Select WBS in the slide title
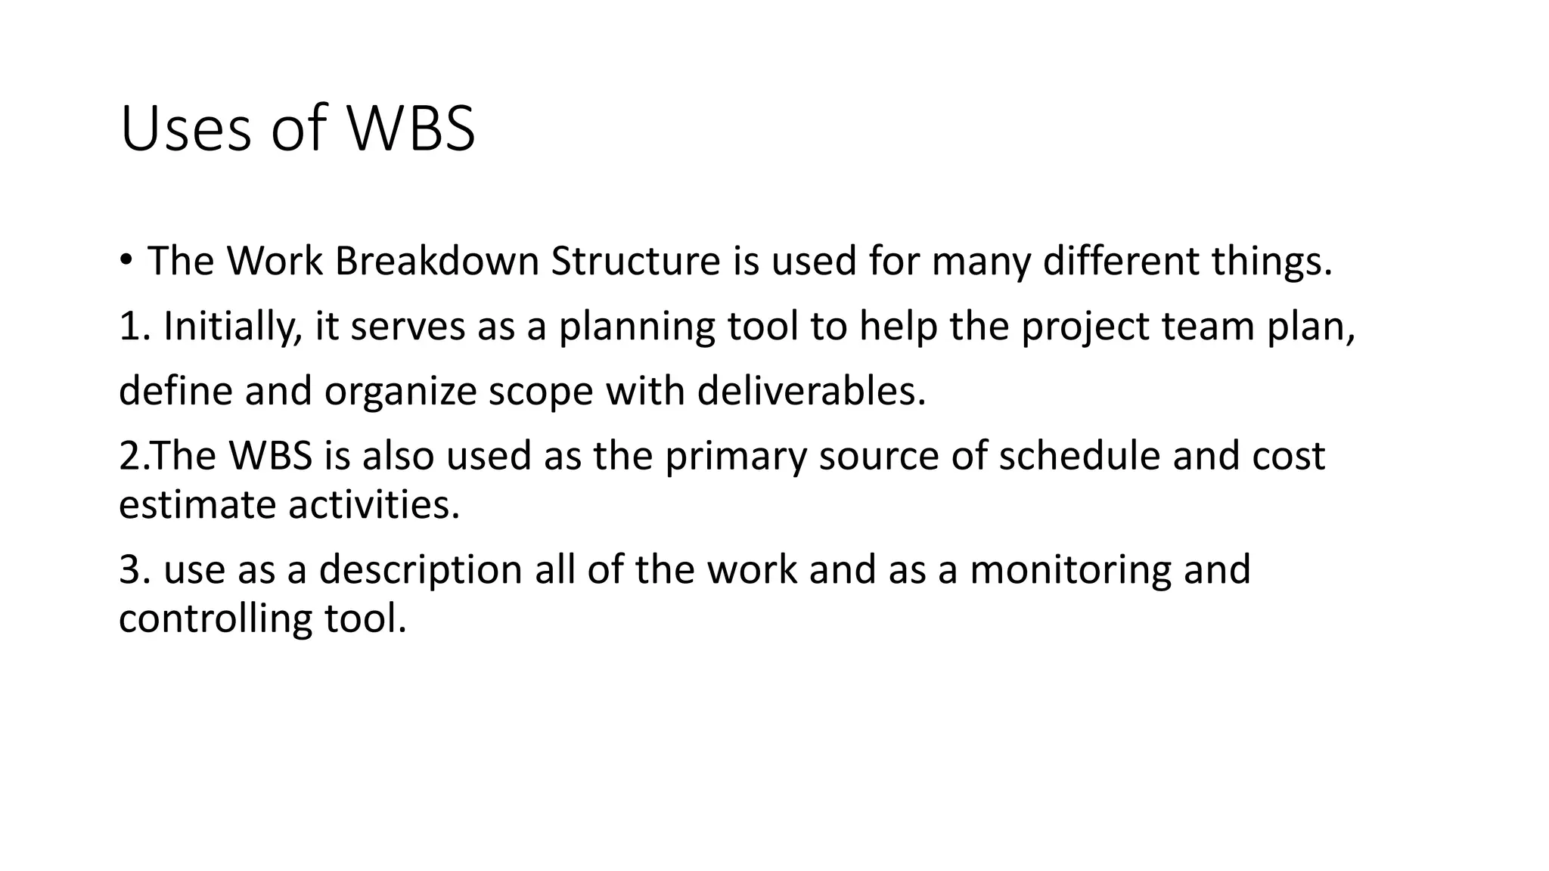tap(411, 129)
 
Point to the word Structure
tap(635, 261)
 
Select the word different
tap(1121, 261)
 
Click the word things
tap(1271, 262)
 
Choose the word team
tap(1208, 326)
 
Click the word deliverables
tap(811, 391)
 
